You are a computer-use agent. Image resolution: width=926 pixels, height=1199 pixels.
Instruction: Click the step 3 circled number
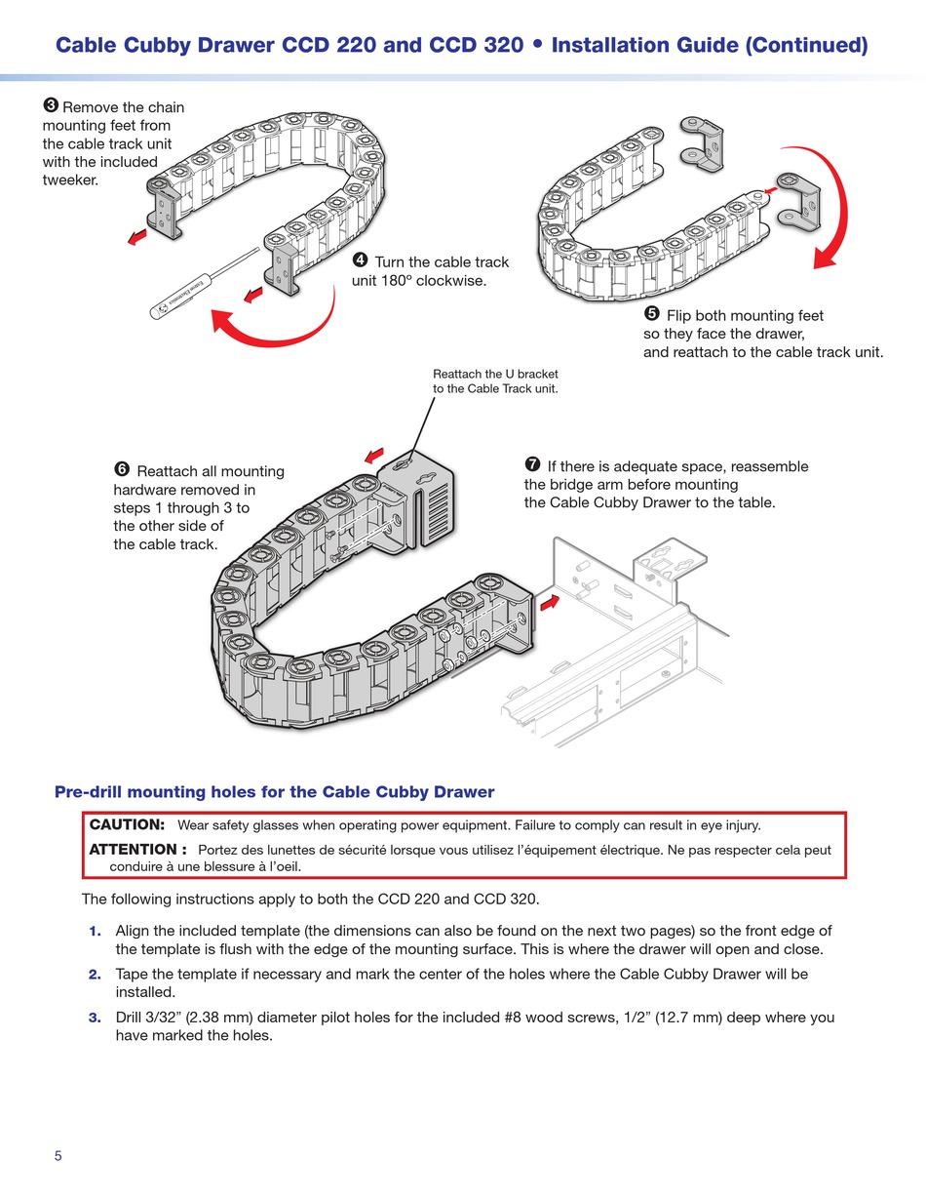pyautogui.click(x=51, y=106)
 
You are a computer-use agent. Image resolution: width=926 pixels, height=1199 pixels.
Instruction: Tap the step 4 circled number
pyautogui.click(x=360, y=260)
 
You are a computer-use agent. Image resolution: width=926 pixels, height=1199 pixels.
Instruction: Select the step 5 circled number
pyautogui.click(x=652, y=314)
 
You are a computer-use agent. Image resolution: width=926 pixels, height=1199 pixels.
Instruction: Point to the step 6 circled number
pyautogui.click(x=122, y=470)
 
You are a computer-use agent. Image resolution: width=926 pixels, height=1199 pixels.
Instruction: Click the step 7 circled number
pyautogui.click(x=532, y=464)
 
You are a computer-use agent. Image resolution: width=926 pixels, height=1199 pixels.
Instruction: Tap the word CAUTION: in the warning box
pyautogui.click(x=127, y=825)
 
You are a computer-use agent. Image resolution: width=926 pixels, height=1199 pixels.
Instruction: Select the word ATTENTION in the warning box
pyautogui.click(x=133, y=850)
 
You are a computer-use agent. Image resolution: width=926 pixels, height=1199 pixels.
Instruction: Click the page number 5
pyautogui.click(x=58, y=1156)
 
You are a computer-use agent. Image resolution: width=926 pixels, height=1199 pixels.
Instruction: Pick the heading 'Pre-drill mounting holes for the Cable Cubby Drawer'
pyautogui.click(x=274, y=792)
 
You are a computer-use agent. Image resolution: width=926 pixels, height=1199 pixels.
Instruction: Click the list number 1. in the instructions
pyautogui.click(x=96, y=932)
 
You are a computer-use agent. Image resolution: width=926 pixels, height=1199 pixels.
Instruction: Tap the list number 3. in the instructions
pyautogui.click(x=96, y=1018)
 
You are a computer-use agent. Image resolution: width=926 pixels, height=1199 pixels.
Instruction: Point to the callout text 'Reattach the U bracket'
pyautogui.click(x=495, y=374)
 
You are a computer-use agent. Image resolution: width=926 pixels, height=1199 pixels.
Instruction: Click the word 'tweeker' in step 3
pyautogui.click(x=70, y=179)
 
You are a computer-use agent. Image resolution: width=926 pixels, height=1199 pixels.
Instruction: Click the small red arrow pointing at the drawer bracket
pyautogui.click(x=550, y=602)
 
